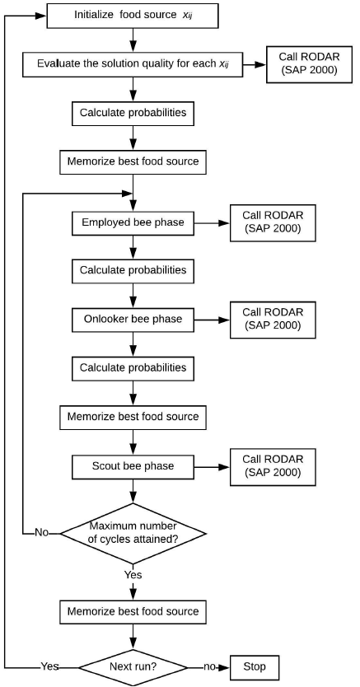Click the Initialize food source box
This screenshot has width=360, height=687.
pos(133,14)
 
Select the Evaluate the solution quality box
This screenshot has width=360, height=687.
pos(133,63)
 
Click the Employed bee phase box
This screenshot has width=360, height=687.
pos(133,222)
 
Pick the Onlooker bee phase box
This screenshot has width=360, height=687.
pos(133,319)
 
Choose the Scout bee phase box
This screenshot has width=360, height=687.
pos(133,465)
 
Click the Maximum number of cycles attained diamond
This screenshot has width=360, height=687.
pos(133,532)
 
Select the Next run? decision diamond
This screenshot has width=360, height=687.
pos(133,665)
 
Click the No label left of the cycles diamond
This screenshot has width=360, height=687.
pos(41,532)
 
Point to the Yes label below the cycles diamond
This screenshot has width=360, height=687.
pos(132,573)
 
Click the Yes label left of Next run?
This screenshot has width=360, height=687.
pos(50,665)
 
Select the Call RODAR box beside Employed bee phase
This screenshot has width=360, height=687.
pos(273,222)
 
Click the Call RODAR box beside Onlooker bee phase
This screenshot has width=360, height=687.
pos(273,319)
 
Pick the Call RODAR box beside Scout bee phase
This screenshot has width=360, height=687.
pos(273,465)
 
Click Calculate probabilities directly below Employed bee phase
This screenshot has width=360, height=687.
pos(133,270)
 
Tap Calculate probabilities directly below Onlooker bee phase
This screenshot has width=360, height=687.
pos(133,367)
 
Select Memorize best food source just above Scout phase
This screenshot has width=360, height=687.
pos(133,416)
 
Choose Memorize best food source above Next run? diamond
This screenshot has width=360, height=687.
pos(133,611)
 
